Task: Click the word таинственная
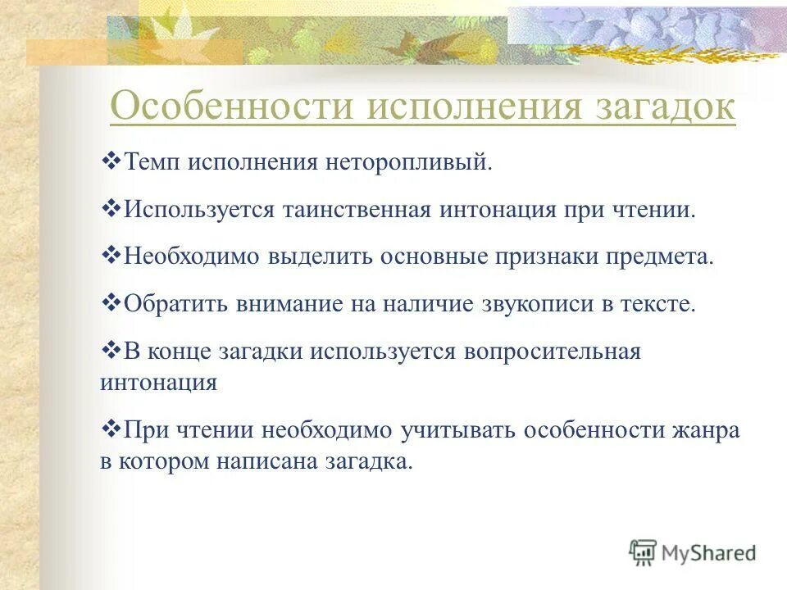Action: [x=357, y=210]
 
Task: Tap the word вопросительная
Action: [x=553, y=352]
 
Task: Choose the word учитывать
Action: [x=460, y=430]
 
